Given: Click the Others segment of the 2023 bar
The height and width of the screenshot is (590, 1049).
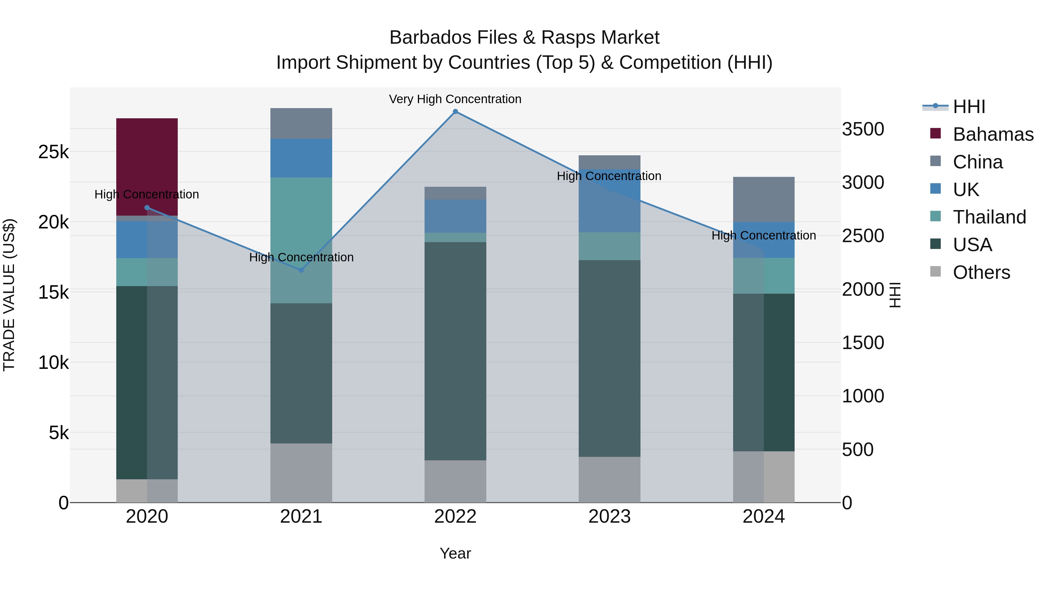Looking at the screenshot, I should pos(609,479).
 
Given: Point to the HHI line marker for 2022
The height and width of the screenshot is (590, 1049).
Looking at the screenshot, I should pos(455,112).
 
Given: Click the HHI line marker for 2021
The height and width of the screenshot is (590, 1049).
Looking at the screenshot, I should pos(301,270).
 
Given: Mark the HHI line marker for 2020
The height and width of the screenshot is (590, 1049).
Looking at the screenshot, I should pos(147,208).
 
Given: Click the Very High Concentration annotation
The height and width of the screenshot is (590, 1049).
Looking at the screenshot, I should pos(455,99).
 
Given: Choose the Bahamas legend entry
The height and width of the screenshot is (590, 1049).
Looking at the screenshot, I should pos(993,134).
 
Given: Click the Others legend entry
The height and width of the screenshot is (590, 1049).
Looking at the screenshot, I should pos(981,272).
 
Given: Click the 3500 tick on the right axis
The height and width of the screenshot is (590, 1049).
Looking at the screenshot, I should pos(863,129).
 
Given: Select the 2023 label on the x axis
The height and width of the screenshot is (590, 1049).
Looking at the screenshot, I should pos(609,516).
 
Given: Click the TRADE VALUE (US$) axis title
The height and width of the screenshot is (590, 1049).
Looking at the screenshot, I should pos(9,295).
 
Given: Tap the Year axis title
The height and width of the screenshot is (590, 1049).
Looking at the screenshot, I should pos(455,553).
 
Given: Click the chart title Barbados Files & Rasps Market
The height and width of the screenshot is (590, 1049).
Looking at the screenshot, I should pos(524,38).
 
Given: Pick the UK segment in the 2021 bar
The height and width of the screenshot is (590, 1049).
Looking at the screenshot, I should pos(301,158).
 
